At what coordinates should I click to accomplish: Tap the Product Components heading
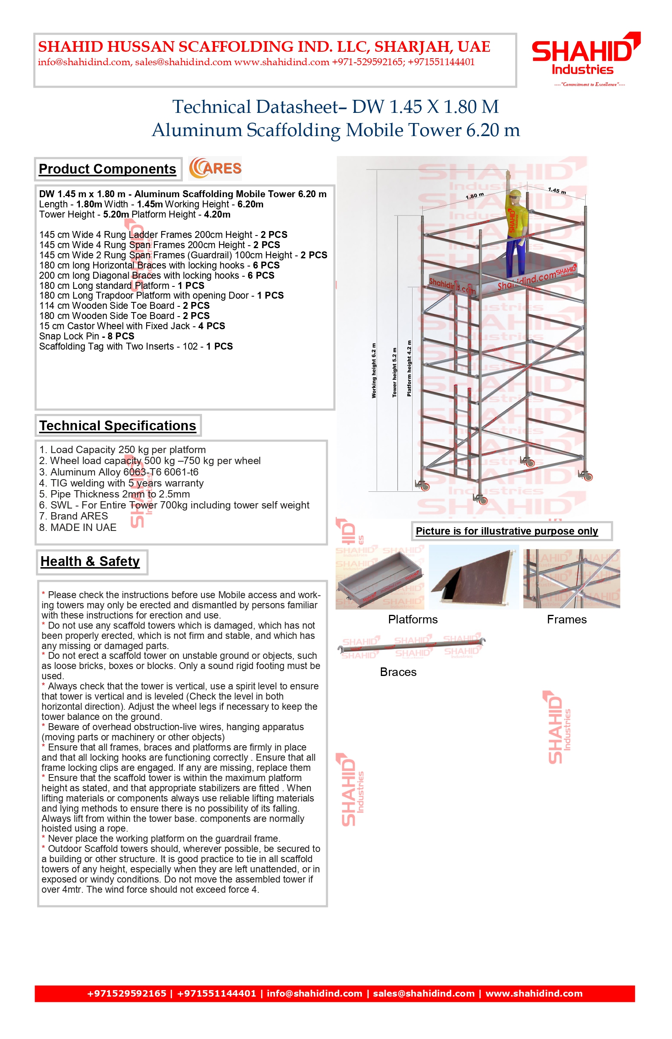(x=108, y=169)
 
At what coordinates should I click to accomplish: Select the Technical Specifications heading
(x=118, y=426)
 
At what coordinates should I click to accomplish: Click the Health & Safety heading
(x=90, y=561)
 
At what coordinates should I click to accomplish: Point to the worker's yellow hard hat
(x=516, y=194)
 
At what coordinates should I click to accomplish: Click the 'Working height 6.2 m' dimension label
(x=374, y=370)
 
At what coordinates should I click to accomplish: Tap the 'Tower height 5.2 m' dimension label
(x=395, y=372)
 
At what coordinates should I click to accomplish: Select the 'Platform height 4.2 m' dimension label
(x=409, y=368)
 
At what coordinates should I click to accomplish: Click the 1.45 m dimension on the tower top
(x=557, y=190)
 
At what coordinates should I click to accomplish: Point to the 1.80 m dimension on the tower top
(x=475, y=196)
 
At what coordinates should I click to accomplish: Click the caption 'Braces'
(x=398, y=672)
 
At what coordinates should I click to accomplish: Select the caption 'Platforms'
(x=413, y=619)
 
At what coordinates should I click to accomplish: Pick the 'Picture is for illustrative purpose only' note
(x=507, y=531)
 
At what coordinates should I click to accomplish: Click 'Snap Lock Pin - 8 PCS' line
(x=87, y=336)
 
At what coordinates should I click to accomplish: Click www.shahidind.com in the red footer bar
(x=534, y=994)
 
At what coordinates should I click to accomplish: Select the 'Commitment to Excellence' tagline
(x=589, y=84)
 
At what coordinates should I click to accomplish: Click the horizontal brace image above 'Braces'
(x=412, y=646)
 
